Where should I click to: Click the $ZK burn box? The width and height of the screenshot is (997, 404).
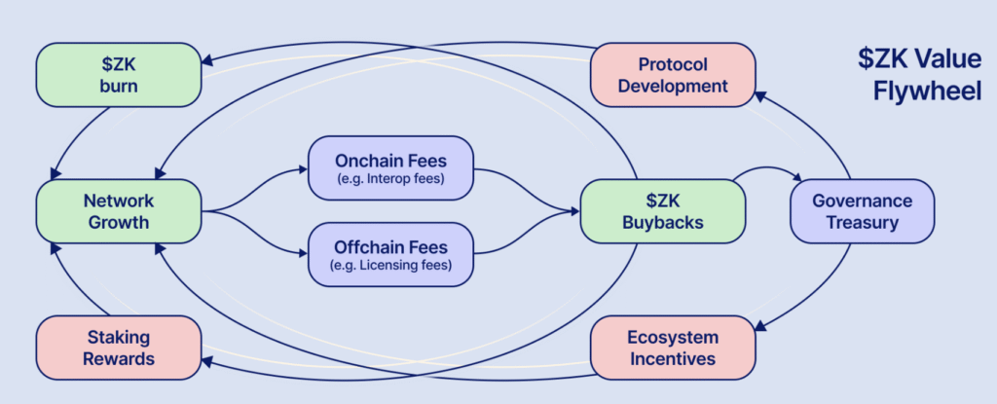118,75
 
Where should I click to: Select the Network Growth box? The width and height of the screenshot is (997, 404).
118,211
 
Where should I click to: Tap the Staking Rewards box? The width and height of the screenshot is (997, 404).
118,348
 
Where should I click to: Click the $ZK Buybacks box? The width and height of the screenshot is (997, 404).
662,211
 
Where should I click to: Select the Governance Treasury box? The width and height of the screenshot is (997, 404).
862,211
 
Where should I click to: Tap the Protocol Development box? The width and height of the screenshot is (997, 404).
673,75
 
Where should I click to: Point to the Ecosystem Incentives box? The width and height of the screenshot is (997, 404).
673,348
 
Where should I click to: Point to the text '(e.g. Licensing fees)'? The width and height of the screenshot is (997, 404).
390,266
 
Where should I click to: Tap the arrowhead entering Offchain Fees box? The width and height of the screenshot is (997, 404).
302,255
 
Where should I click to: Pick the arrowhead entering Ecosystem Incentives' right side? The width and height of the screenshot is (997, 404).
761,329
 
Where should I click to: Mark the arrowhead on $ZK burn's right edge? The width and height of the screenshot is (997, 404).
207,60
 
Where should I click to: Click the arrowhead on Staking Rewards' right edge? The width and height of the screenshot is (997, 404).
207,364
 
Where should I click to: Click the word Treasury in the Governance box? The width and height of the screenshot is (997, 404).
862,223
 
